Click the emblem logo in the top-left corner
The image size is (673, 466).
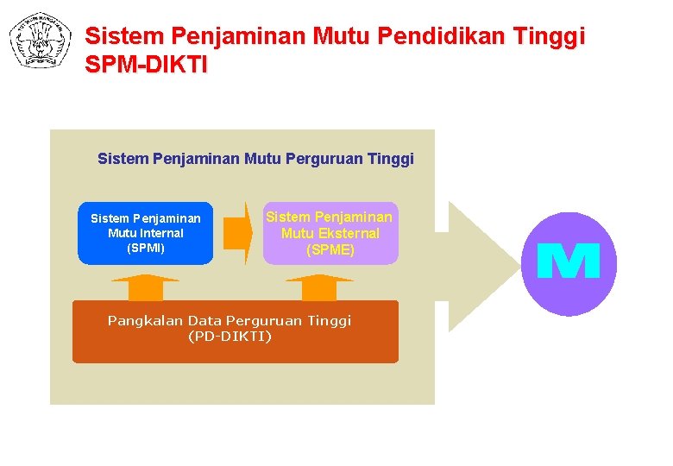point(40,40)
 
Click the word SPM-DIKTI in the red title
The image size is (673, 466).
point(147,65)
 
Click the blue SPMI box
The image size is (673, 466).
point(145,233)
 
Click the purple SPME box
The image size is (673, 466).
point(330,233)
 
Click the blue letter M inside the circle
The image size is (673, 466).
point(569,261)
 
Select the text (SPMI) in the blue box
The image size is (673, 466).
point(145,248)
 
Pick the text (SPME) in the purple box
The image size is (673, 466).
point(330,250)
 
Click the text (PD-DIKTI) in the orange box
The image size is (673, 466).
point(230,336)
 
